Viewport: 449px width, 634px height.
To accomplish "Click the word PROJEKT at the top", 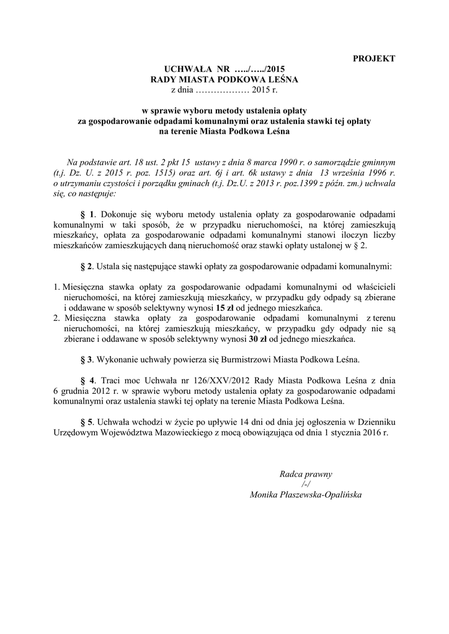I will [x=374, y=59].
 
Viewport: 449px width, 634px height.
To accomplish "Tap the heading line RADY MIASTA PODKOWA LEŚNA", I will [x=225, y=80].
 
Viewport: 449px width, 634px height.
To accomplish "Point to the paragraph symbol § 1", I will [x=86, y=213].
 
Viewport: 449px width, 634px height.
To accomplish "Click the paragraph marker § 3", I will [x=86, y=359].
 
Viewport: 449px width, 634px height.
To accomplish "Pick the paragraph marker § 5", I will [x=86, y=422].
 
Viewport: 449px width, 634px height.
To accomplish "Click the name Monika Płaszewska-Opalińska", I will [x=306, y=495].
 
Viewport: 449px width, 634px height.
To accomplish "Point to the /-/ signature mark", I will [x=305, y=484].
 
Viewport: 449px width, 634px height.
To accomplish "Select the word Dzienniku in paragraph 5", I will [x=374, y=422].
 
